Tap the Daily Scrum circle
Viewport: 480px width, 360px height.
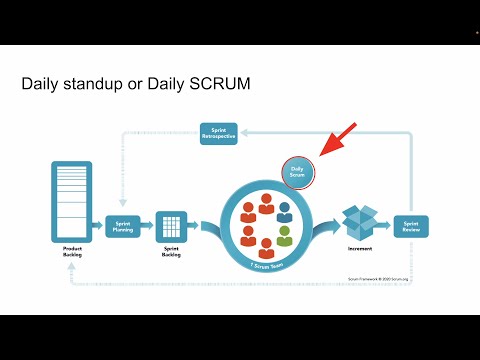(298, 172)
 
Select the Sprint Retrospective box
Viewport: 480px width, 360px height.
(219, 133)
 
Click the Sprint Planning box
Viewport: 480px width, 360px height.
(123, 226)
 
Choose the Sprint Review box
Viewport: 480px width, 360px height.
(410, 226)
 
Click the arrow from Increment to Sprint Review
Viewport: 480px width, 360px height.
(385, 226)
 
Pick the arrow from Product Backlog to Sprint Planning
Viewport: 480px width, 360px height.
(98, 226)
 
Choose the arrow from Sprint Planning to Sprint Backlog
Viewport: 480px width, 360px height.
(147, 226)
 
